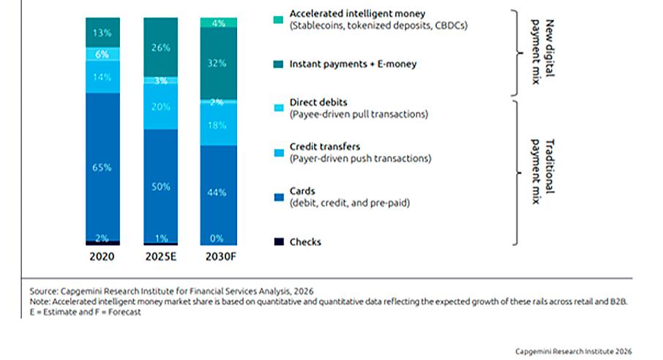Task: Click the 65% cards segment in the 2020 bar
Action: click(102, 167)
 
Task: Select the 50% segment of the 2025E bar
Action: click(161, 186)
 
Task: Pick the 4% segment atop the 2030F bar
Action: click(219, 23)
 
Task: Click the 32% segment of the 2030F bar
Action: click(219, 64)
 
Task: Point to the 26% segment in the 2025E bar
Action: click(161, 48)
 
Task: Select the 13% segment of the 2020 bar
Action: click(102, 33)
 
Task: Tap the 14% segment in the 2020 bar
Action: click(102, 77)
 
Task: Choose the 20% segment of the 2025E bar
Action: click(161, 106)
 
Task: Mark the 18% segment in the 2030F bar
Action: click(219, 125)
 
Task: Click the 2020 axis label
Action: click(102, 257)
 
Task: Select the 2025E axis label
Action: click(161, 257)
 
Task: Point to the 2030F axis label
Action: click(221, 257)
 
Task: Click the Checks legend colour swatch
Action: click(279, 241)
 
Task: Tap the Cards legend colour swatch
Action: click(279, 197)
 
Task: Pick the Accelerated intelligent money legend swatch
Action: click(278, 20)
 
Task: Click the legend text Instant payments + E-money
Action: click(353, 64)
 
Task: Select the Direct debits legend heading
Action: click(318, 102)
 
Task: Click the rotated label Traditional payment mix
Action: click(542, 172)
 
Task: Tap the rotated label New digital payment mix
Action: click(542, 52)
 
